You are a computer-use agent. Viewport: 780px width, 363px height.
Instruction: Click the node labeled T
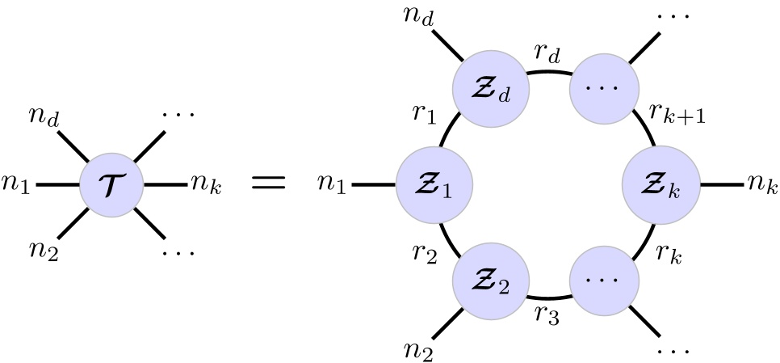click(x=111, y=185)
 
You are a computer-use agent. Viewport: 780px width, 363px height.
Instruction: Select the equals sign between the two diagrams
click(x=269, y=184)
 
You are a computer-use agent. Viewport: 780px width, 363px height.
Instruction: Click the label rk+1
click(x=680, y=114)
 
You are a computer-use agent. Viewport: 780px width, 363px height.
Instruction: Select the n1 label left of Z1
click(x=331, y=186)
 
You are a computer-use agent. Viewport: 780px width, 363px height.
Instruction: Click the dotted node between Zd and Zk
click(x=605, y=86)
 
